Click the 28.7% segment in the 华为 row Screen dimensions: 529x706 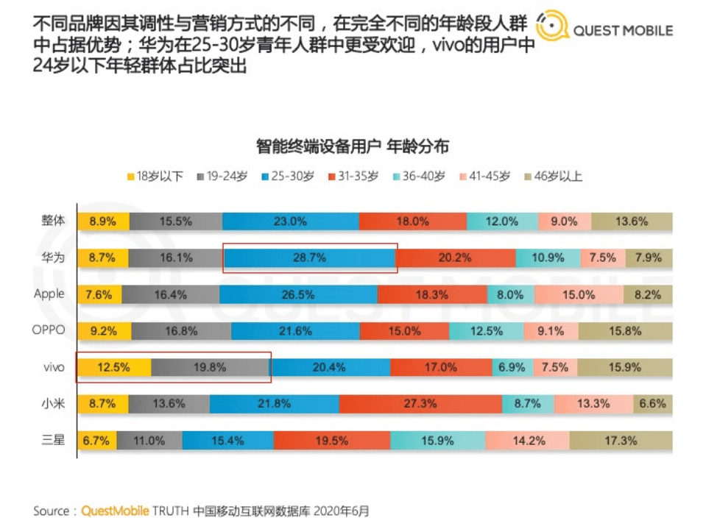pyautogui.click(x=308, y=258)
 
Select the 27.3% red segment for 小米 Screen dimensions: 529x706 pyautogui.click(x=420, y=404)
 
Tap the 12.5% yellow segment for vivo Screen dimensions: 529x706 pyautogui.click(x=114, y=368)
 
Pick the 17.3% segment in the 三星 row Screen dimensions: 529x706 pyautogui.click(x=621, y=441)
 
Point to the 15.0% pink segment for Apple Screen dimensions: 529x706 pyautogui.click(x=579, y=294)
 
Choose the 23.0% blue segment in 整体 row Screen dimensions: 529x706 pyautogui.click(x=290, y=221)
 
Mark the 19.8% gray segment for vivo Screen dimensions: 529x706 pyautogui.click(x=211, y=368)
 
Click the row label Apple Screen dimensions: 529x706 pyautogui.click(x=49, y=294)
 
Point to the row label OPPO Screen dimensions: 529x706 pyautogui.click(x=49, y=330)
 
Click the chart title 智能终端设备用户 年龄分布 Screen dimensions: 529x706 pyautogui.click(x=353, y=146)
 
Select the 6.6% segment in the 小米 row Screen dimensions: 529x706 pyautogui.click(x=652, y=404)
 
